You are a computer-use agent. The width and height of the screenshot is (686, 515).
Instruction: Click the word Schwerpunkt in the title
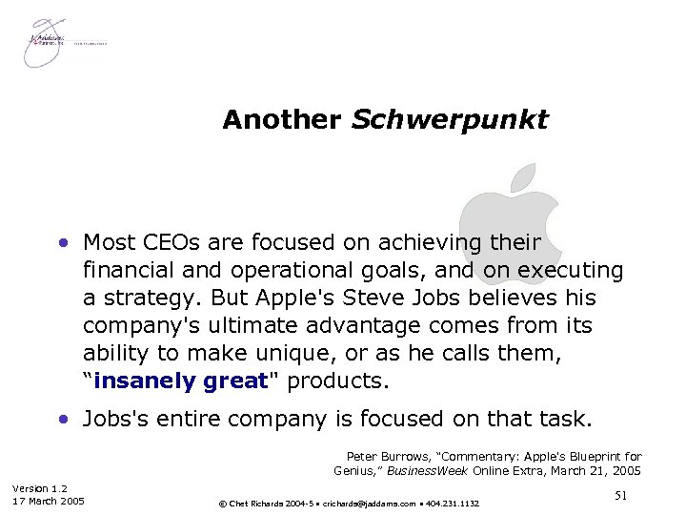(450, 121)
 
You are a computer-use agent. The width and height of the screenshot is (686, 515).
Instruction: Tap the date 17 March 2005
(49, 502)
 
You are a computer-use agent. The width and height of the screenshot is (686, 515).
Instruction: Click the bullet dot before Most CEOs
(64, 243)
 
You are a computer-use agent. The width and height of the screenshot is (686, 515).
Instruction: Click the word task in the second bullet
(568, 419)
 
